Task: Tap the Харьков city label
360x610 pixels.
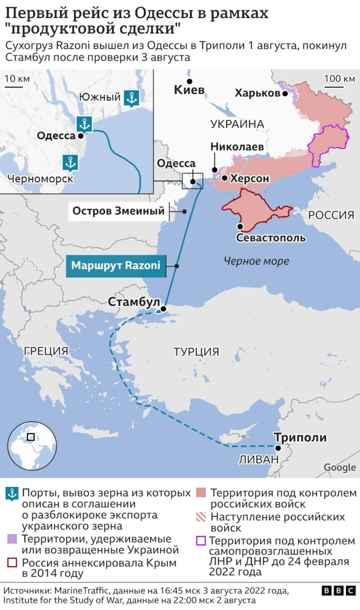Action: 257,93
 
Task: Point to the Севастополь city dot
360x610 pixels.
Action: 240,227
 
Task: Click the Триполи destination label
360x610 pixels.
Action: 300,437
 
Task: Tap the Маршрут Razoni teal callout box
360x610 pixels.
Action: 116,265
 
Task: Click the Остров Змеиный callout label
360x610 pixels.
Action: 119,211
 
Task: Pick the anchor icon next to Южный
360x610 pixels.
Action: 131,98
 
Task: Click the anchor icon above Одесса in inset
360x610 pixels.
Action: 84,123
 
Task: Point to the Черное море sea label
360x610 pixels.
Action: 256,261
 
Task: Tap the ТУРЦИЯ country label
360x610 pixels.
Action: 196,352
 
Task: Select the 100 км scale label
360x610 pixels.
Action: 340,78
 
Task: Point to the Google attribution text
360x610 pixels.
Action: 339,467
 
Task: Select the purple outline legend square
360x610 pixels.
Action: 201,541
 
